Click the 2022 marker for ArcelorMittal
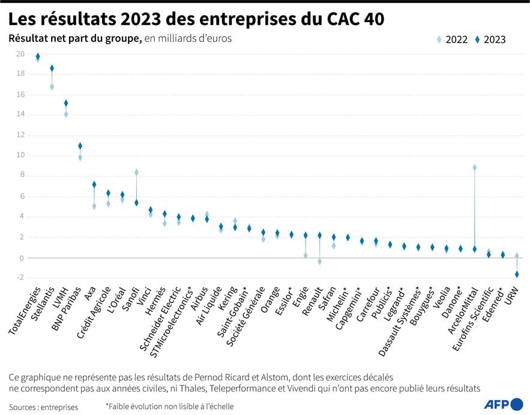[474, 168]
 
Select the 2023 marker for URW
[517, 274]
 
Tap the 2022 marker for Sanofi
[136, 173]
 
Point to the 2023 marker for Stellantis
[52, 68]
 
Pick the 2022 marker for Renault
[319, 261]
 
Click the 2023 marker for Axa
[94, 185]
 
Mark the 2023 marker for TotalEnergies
[38, 56]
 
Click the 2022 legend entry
[452, 40]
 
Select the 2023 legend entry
[490, 40]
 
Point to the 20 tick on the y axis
[20, 54]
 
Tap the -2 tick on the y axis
[20, 278]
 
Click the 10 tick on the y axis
[20, 155]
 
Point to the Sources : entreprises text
[43, 407]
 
